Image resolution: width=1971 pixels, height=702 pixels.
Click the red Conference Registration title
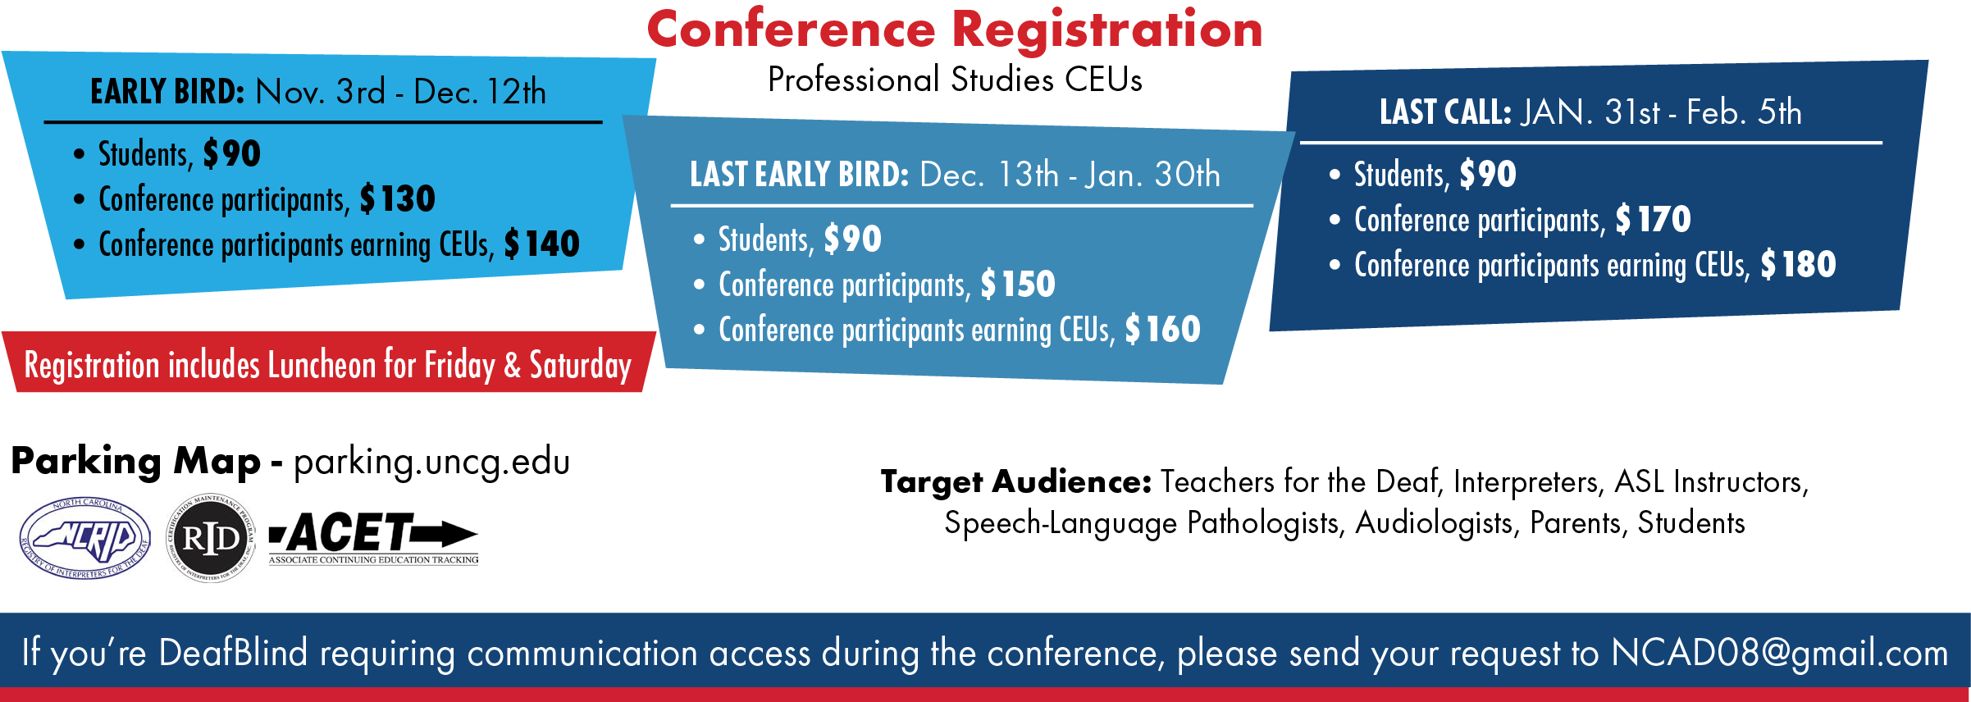pyautogui.click(x=955, y=30)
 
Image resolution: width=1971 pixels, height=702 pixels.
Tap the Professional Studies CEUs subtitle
pyautogui.click(x=955, y=80)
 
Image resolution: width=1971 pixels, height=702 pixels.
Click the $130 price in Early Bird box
pyautogui.click(x=397, y=199)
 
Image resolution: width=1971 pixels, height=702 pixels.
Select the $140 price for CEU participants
pyautogui.click(x=541, y=244)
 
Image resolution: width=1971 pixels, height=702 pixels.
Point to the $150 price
pyautogui.click(x=1018, y=285)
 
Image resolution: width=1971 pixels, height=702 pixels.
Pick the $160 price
pyautogui.click(x=1162, y=330)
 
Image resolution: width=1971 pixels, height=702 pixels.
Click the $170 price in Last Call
pyautogui.click(x=1653, y=220)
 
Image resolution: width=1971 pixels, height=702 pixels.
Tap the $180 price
pyautogui.click(x=1798, y=265)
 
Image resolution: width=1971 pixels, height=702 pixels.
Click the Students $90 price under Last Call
pyautogui.click(x=1487, y=175)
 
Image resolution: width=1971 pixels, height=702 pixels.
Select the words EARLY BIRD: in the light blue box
pyautogui.click(x=167, y=92)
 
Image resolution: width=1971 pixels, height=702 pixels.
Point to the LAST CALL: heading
pyautogui.click(x=1445, y=112)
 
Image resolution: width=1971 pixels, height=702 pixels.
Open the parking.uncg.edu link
pyautogui.click(x=431, y=462)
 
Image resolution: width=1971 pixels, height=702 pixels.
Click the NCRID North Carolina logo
pyautogui.click(x=85, y=539)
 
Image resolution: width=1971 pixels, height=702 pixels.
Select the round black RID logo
pyautogui.click(x=211, y=538)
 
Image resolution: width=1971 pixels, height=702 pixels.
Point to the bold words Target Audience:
pyautogui.click(x=1016, y=482)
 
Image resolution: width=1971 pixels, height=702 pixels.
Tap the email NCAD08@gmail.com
pyautogui.click(x=1780, y=654)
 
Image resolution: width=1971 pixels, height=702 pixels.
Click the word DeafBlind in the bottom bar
pyautogui.click(x=233, y=653)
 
